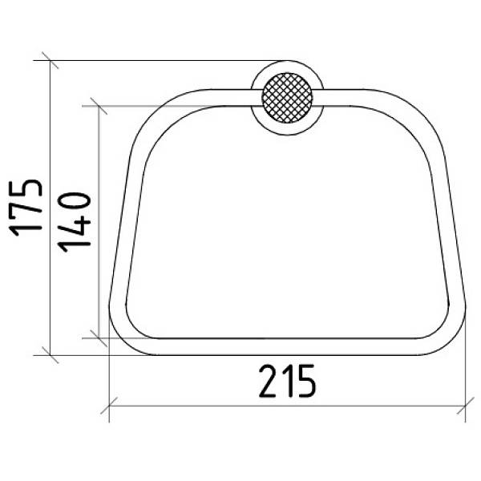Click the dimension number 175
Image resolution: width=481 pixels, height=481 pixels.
(x=26, y=208)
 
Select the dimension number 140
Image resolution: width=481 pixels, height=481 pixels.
(x=75, y=222)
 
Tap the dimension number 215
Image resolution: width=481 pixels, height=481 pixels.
(x=287, y=382)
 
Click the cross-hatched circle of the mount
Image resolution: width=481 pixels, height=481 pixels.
(x=287, y=98)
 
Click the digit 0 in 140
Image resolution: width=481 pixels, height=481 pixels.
(x=75, y=201)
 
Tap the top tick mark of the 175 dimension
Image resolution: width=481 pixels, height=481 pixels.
(x=50, y=60)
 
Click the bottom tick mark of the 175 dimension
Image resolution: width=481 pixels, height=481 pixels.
(x=50, y=355)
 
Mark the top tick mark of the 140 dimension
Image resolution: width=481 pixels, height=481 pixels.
(x=99, y=106)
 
